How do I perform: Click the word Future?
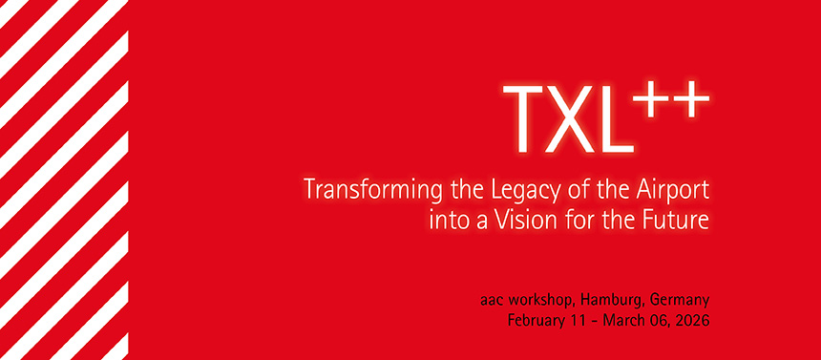pyautogui.click(x=679, y=221)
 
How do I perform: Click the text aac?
pyautogui.click(x=493, y=300)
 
